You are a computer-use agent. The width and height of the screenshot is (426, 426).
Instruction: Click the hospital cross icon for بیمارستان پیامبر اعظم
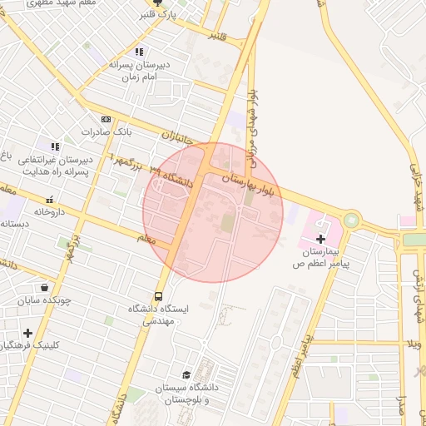321,239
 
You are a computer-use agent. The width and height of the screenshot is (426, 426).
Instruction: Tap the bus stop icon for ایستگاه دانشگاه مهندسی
158,296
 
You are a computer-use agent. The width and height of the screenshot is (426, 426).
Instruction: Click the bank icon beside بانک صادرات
106,119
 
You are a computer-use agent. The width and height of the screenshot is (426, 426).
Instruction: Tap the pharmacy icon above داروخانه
51,199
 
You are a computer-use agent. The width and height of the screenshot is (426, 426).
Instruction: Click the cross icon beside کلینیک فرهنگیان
28,332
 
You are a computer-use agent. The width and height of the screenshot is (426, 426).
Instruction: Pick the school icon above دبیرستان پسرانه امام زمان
139,52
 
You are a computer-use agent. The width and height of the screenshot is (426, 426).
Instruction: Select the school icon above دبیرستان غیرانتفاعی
55,146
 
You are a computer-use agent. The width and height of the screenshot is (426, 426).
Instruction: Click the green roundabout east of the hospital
352,220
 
